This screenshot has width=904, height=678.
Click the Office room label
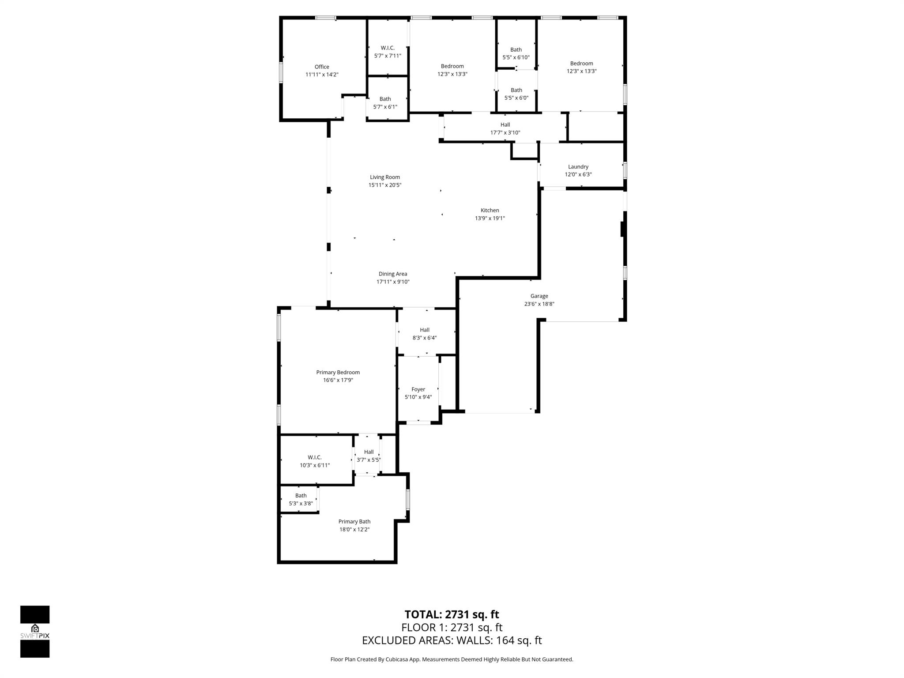coord(322,67)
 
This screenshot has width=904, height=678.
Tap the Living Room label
coord(385,177)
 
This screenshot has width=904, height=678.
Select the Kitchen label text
coord(490,211)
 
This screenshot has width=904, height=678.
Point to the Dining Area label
coord(393,274)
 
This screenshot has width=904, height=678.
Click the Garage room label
coord(539,296)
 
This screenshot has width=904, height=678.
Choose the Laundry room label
coord(578,167)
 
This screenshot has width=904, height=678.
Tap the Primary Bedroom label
coord(338,373)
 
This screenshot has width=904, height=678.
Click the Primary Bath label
coord(354,522)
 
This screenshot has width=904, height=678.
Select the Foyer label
coord(418,389)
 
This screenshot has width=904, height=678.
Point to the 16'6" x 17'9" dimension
coord(338,380)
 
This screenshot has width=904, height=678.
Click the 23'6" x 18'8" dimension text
coord(539,304)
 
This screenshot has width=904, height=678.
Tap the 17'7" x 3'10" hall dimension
coord(505,133)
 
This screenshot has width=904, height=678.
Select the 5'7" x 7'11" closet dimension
coord(388,56)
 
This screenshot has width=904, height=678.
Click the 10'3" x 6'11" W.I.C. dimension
coord(315,465)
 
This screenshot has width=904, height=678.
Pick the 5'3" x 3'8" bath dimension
coord(301,504)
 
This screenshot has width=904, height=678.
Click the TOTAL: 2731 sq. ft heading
coord(452,614)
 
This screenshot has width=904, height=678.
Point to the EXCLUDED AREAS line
coord(452,640)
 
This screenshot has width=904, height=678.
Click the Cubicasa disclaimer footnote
coord(452,659)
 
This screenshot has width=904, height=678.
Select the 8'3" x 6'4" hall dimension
coord(425,338)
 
